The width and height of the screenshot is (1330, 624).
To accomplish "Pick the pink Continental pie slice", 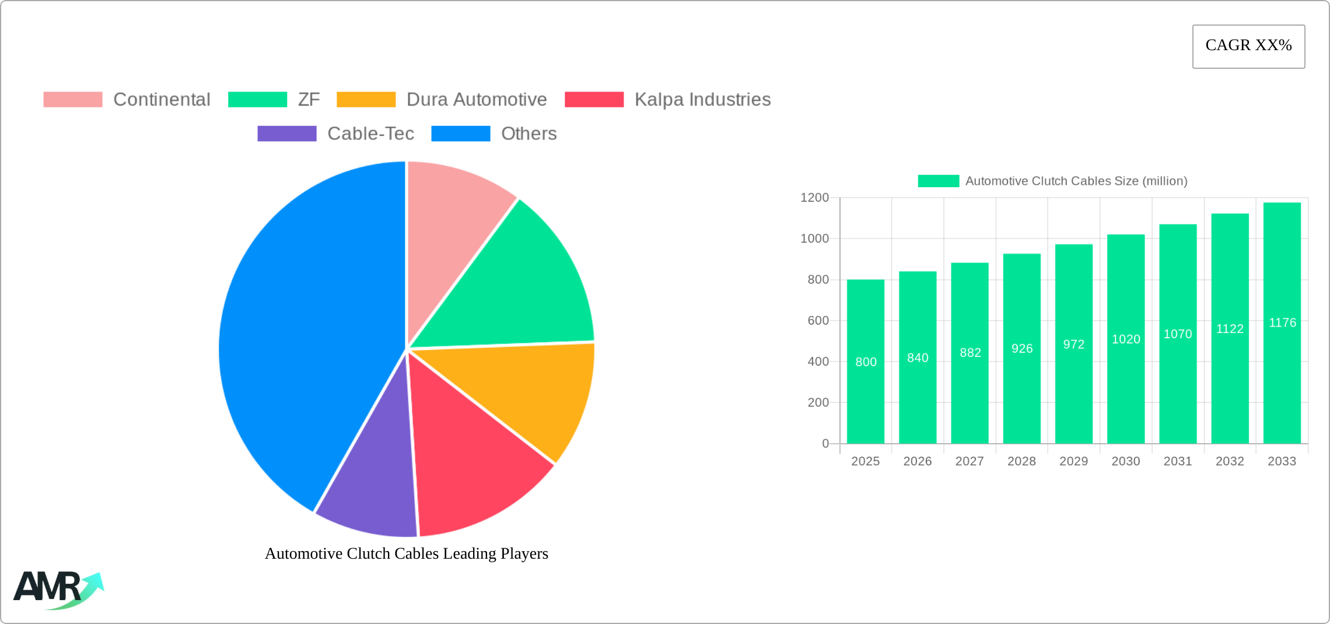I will coord(449,210).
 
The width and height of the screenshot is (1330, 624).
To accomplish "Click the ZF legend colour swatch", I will coord(257,100).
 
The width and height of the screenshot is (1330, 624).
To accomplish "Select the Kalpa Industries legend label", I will coord(702,100).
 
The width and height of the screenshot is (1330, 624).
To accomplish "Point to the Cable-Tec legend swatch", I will coord(287,134).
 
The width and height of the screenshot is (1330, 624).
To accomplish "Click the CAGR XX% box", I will coord(1248,46).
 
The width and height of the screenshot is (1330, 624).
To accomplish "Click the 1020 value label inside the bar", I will coord(1126,339).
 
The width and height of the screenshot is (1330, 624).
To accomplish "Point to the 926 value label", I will coord(1022,349).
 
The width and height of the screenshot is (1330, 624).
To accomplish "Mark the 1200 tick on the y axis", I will coord(814,198).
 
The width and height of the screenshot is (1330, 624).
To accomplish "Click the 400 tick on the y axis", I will coord(818,362).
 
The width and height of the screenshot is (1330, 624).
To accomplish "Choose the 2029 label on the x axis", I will coord(1073,461).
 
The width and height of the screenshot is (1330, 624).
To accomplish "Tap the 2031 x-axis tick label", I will coord(1178,461).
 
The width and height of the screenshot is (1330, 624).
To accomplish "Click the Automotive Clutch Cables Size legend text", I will coord(1076,181).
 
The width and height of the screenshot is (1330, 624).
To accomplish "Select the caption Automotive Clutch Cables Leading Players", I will coord(407,553).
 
